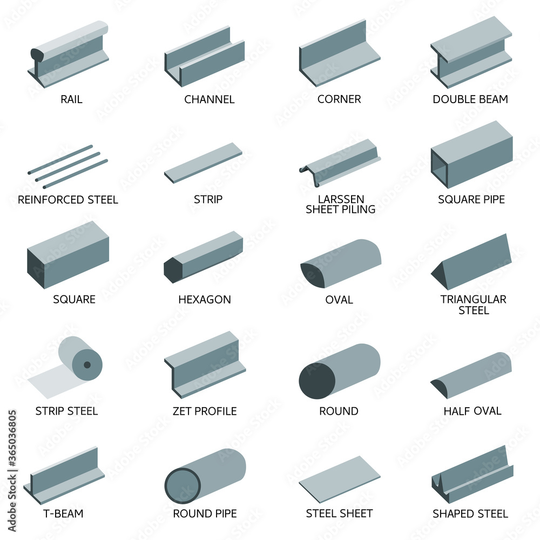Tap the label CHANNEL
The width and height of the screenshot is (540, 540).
pos(210,99)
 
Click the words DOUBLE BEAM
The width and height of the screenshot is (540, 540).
pos(470,99)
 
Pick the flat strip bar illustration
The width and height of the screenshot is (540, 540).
pos(203,163)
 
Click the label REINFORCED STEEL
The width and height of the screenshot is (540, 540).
pos(68,200)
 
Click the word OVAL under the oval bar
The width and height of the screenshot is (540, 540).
pos(339,300)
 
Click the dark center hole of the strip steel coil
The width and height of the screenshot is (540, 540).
pos(87,364)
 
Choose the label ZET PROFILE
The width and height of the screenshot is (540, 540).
pos(205,411)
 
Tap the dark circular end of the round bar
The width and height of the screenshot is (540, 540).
pos(317,381)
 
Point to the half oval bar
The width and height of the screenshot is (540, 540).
pos(471,375)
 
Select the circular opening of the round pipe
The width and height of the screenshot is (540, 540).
pos(183,485)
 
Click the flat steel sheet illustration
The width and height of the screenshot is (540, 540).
pos(340,480)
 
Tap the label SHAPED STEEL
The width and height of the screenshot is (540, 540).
pos(470,514)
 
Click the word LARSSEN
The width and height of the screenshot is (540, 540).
pos(341,199)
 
